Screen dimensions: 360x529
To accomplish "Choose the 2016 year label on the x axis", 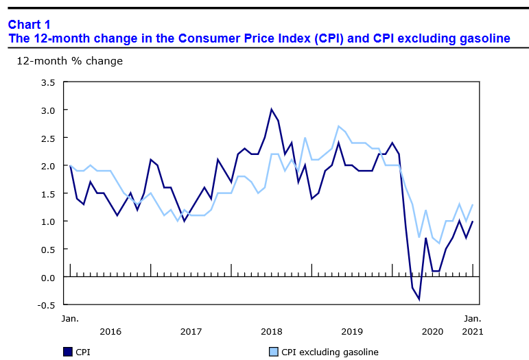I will coord(110,332).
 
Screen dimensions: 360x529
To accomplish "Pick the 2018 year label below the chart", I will coord(272,332).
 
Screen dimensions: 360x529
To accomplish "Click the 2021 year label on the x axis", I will coord(473,332).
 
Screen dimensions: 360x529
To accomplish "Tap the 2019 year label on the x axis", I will coord(352,332).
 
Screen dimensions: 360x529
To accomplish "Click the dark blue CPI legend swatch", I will coord(67,352).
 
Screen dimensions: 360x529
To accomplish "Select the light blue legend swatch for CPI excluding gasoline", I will coord(273,352).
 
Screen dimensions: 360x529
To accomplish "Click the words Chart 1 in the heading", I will coord(30,25).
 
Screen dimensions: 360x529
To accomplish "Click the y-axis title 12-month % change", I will coord(69,61).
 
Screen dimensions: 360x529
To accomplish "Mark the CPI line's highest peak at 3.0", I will coord(272,110).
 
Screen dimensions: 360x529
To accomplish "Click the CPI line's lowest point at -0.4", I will coord(419,300).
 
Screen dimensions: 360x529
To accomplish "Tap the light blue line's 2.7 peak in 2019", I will coord(339,126).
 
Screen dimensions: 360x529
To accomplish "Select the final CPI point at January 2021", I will coord(473,221).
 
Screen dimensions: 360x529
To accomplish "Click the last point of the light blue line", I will coord(473,204).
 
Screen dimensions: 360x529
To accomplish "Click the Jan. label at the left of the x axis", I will coord(70,319).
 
